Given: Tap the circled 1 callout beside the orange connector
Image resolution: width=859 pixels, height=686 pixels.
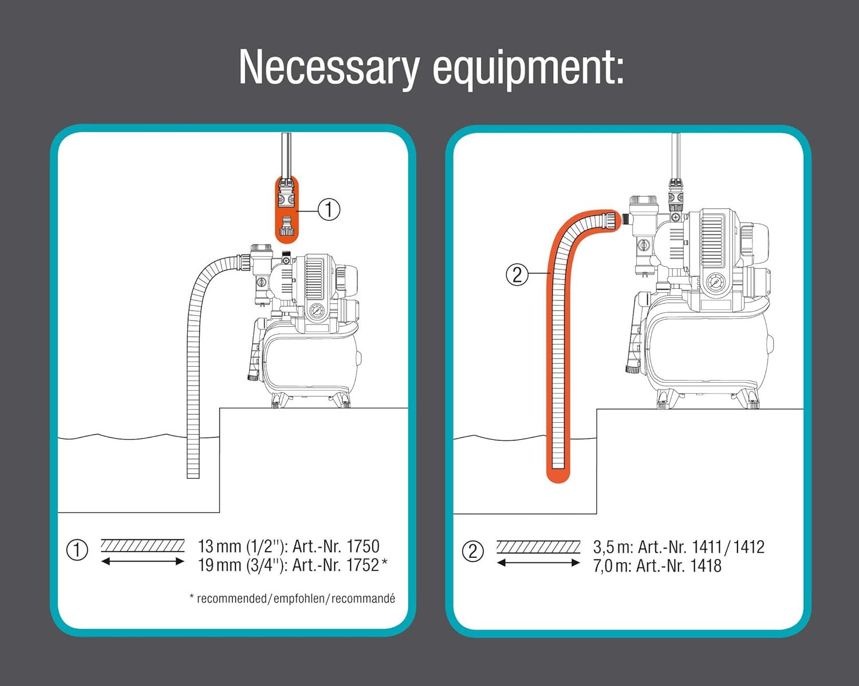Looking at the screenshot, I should (329, 209).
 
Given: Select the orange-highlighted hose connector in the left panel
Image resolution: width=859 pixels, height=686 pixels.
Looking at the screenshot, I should (286, 209).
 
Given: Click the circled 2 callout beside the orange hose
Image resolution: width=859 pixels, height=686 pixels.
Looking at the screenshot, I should (517, 275).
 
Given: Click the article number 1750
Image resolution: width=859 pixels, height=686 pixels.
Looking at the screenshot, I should (363, 546).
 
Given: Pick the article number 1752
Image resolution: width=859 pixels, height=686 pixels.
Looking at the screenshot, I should (363, 565).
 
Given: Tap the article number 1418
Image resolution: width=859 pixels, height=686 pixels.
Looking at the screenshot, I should (706, 566).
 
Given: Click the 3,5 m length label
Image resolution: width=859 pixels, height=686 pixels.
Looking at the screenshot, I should (612, 547).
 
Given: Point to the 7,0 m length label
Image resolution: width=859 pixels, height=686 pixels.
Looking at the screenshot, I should (612, 566).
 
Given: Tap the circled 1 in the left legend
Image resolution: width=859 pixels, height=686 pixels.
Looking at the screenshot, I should (77, 550).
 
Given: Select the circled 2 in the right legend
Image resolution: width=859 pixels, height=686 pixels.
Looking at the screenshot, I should (472, 552).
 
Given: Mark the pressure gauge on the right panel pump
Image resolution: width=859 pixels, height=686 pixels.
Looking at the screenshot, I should (715, 282).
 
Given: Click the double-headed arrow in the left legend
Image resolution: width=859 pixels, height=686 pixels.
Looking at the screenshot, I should (143, 561).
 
